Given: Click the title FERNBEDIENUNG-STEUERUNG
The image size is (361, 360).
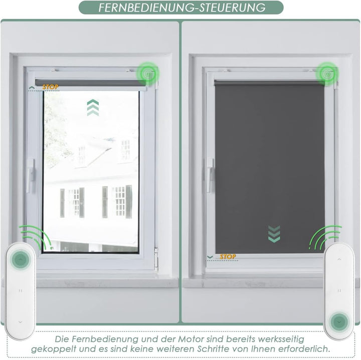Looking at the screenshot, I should pos(182,8).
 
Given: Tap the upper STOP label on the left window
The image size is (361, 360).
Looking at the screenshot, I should pos(50,87).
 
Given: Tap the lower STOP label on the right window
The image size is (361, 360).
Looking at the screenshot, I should pos(228,257).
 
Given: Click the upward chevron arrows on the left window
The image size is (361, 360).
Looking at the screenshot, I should pos(93,108).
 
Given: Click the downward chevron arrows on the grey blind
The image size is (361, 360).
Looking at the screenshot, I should pos(274,234).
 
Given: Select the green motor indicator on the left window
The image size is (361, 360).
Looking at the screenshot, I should pos(148,73).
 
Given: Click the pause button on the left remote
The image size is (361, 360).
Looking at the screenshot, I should pos(21,290).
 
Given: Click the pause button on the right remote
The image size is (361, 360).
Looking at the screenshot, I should pos(339,290).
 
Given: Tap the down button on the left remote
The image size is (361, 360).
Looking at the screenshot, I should pos(21,321).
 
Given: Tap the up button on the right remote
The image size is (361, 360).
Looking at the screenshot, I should pos(339,259).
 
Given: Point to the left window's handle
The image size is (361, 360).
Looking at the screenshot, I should pos(31,175).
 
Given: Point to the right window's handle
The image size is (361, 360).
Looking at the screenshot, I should pos(210,175).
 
